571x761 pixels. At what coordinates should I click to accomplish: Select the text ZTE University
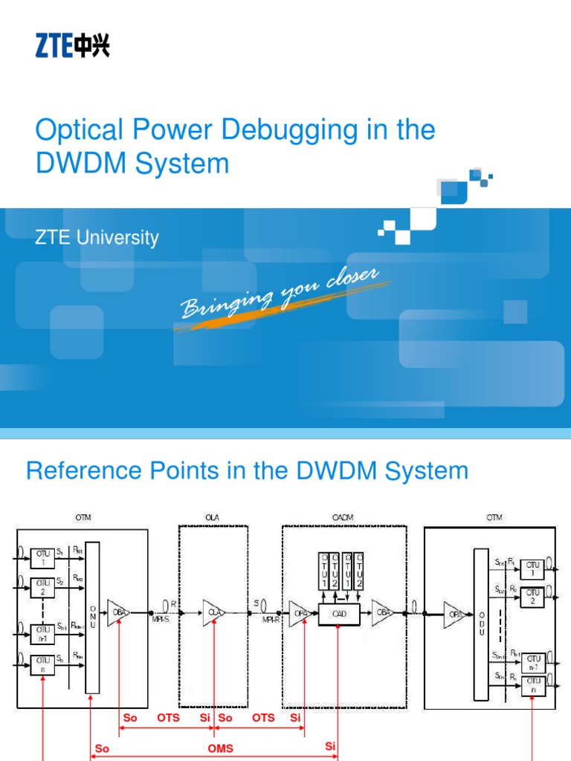pyautogui.click(x=97, y=238)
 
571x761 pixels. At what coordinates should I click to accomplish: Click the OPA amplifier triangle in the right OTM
pyautogui.click(x=453, y=614)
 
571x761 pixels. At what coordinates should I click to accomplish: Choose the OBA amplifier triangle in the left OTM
pyautogui.click(x=118, y=613)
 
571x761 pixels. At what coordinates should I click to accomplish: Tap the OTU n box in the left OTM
pyautogui.click(x=42, y=664)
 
